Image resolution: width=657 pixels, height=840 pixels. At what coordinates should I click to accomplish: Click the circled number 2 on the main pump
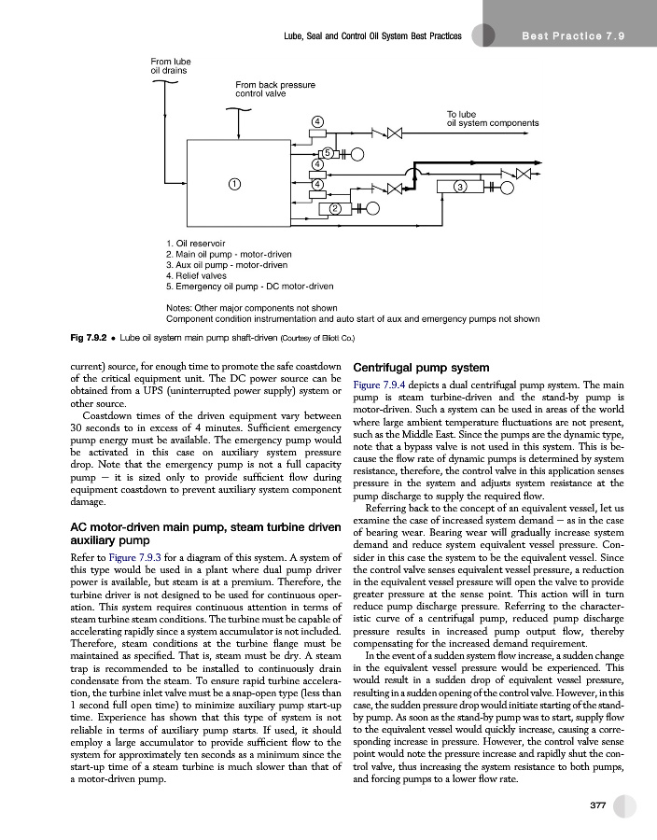click(x=333, y=206)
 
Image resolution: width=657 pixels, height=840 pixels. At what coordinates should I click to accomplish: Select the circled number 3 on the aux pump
click(x=459, y=188)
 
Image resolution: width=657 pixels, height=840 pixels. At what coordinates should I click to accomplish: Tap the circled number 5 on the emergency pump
click(x=328, y=153)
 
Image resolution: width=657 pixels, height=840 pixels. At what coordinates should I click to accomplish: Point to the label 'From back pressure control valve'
click(x=274, y=90)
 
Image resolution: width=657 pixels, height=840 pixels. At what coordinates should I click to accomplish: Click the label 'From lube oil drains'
click(x=170, y=66)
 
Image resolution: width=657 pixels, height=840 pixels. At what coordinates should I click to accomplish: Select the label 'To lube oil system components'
click(x=493, y=119)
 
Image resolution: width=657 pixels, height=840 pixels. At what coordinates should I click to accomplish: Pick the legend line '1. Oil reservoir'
click(x=196, y=243)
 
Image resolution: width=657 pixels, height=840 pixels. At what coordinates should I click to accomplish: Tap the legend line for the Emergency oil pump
click(x=248, y=287)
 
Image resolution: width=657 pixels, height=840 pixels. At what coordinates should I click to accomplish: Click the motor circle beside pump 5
click(x=358, y=154)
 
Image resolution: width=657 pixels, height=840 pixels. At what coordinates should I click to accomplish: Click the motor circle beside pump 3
click(x=508, y=188)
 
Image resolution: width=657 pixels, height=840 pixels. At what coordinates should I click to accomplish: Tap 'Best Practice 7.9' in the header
click(x=576, y=36)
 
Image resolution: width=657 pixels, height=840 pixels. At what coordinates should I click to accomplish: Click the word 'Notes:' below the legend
click(x=179, y=306)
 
